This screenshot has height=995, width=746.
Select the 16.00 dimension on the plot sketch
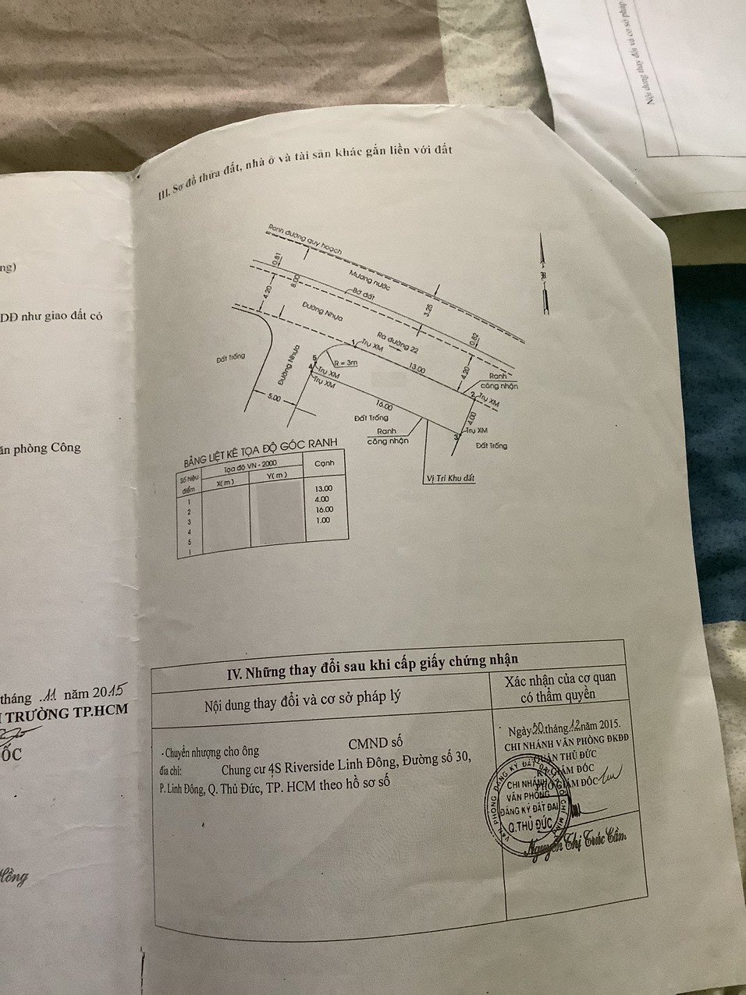pyautogui.click(x=384, y=406)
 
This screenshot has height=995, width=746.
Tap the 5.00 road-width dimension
pyautogui.click(x=273, y=398)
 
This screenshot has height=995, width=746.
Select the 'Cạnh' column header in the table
pyautogui.click(x=321, y=462)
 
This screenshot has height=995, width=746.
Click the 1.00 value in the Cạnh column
pyautogui.click(x=323, y=519)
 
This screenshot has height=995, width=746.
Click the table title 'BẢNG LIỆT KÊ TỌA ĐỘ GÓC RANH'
pyautogui.click(x=259, y=451)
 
